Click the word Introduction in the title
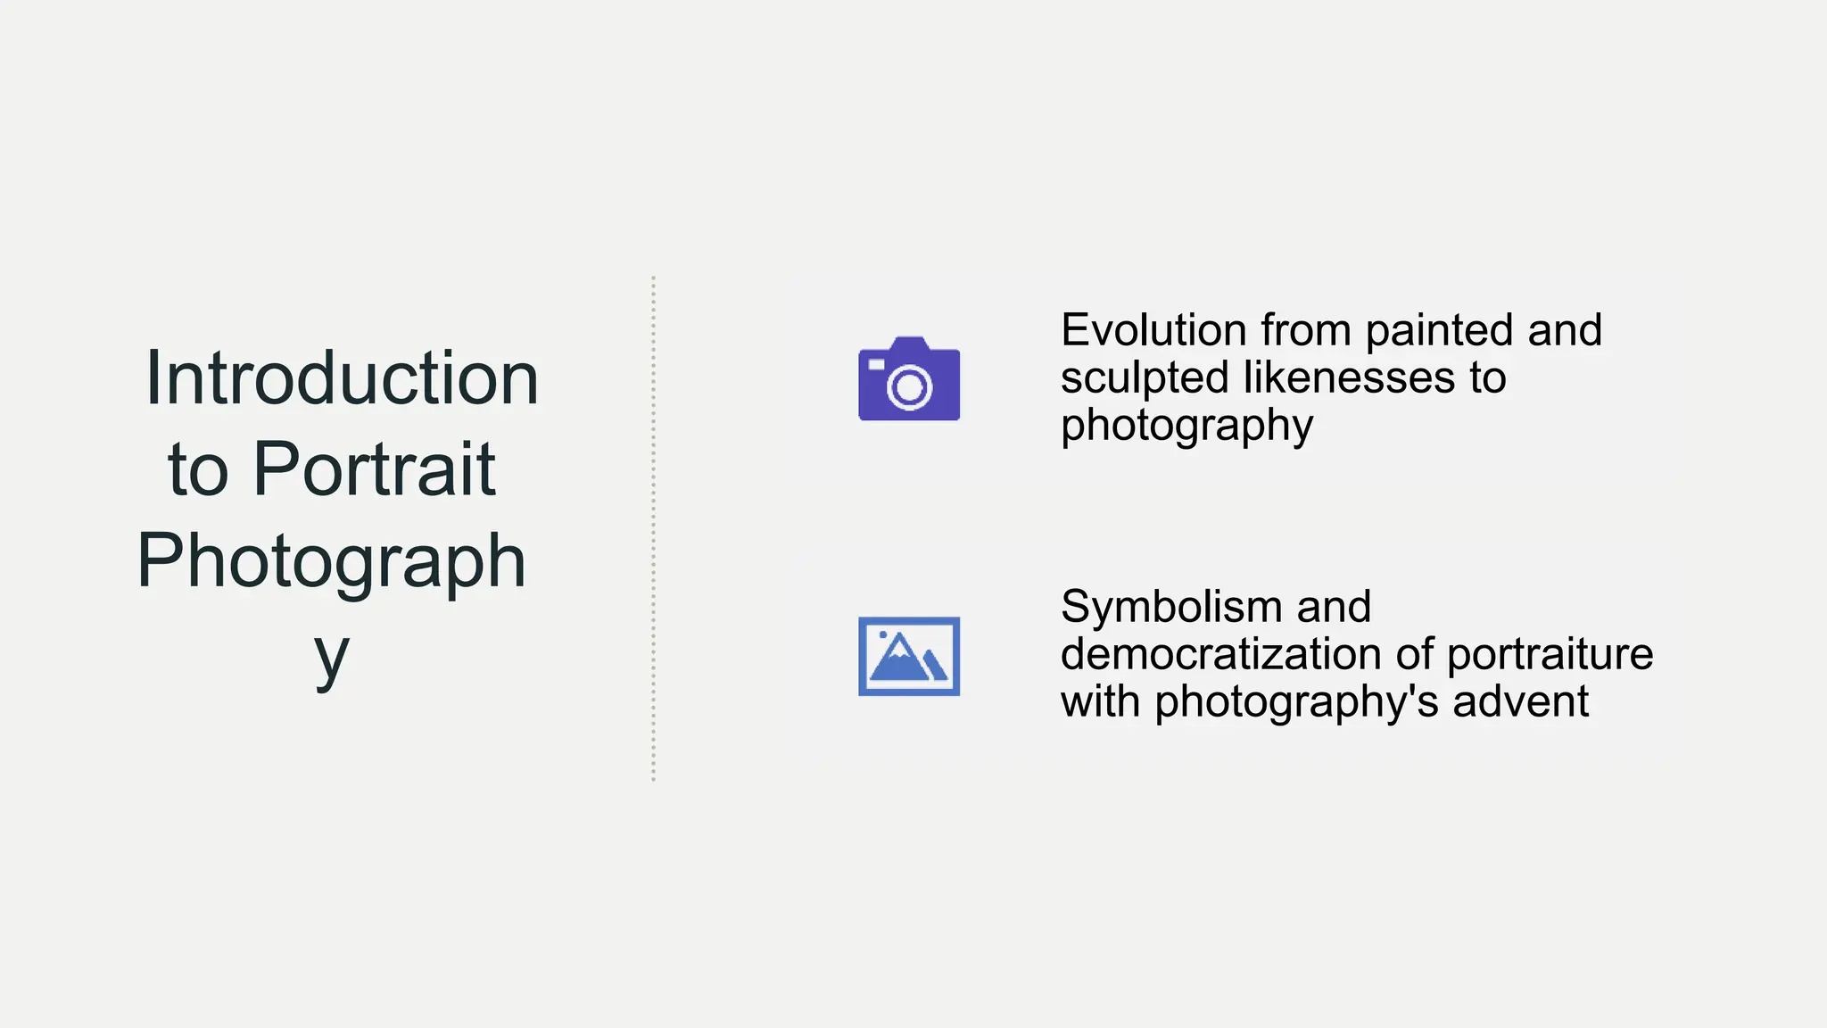pos(342,378)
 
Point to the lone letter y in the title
pos(331,656)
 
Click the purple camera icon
pos(909,379)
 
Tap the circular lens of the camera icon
pos(909,387)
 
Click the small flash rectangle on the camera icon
pos(877,364)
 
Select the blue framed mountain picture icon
pos(909,656)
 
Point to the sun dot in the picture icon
pos(883,634)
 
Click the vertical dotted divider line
pos(653,528)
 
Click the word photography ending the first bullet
pos(1186,426)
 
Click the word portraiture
pos(1550,654)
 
